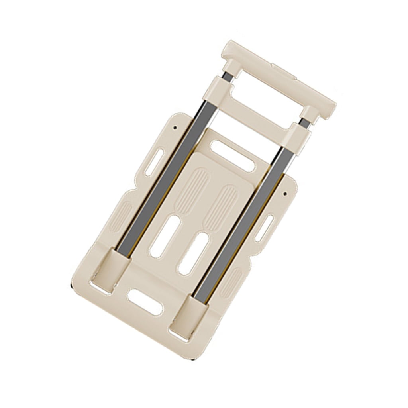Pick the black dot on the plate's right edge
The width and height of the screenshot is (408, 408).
[x=286, y=194]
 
